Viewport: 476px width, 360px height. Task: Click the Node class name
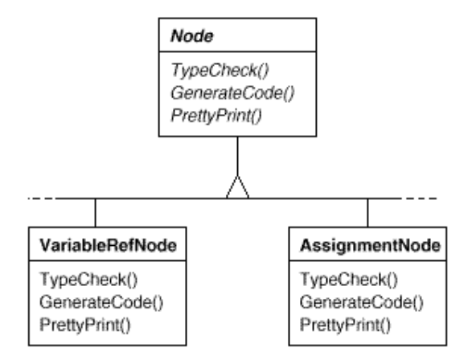[192, 36]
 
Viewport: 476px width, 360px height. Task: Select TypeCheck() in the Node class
[220, 70]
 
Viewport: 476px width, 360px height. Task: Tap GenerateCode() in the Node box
[232, 92]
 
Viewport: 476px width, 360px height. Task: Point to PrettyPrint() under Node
[216, 116]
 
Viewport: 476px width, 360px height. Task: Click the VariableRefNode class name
[108, 245]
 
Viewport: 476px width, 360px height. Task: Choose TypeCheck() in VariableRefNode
[88, 280]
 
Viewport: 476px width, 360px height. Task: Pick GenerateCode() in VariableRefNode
[101, 302]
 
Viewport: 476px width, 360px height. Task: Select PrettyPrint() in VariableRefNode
[85, 325]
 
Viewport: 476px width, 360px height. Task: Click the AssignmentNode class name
[370, 245]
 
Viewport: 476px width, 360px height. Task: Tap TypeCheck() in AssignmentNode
[348, 280]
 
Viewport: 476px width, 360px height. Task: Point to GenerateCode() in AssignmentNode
[361, 302]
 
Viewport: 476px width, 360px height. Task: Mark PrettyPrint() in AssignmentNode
[345, 325]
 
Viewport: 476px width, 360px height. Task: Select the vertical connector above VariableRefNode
[96, 213]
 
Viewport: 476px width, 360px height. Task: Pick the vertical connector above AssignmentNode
[367, 213]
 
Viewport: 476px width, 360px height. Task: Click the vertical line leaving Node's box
[237, 156]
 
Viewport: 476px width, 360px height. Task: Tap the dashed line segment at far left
[41, 198]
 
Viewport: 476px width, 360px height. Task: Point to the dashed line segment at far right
[419, 198]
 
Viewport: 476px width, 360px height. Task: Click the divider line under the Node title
[237, 51]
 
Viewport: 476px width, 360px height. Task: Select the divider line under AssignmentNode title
[367, 260]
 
